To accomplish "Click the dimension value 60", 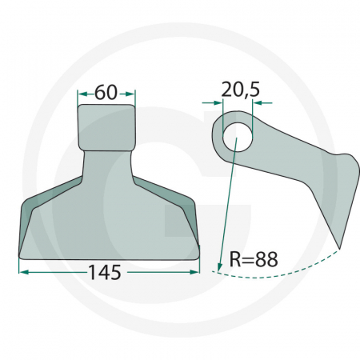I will coord(106,93).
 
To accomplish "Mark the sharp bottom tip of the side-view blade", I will coord(339,247).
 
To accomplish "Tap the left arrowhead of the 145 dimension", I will coord(22,272).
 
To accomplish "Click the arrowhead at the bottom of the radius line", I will coord(218,266).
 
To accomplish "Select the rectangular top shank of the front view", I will coord(106,128).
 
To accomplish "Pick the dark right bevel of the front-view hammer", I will coord(189,216).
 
